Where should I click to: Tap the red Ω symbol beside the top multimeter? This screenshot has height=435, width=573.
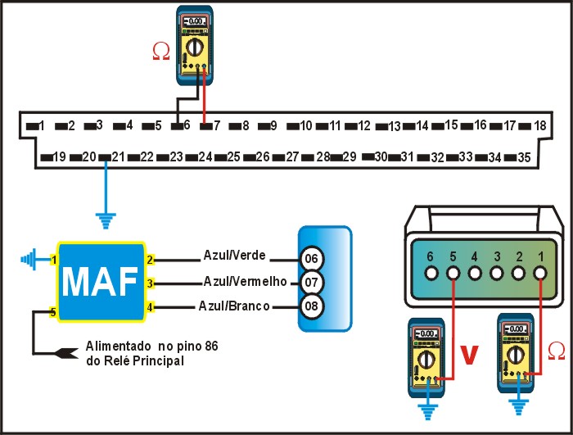pos(162,52)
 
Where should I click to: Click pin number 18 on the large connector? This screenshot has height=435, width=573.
pos(539,125)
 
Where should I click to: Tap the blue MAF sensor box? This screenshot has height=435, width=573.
pos(101,280)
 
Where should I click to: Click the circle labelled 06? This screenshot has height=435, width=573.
pos(311,258)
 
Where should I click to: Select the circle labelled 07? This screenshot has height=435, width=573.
pos(311,283)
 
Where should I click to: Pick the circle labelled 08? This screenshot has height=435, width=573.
pos(311,307)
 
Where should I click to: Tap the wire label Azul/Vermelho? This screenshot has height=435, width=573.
pos(243,281)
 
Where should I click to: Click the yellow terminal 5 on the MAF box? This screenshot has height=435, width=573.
pos(53,312)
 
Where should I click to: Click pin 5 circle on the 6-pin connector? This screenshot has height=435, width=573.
pos(453,272)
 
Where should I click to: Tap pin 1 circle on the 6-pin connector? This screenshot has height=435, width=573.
pos(540,272)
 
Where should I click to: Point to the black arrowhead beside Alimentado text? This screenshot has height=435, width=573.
pos(65,353)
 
